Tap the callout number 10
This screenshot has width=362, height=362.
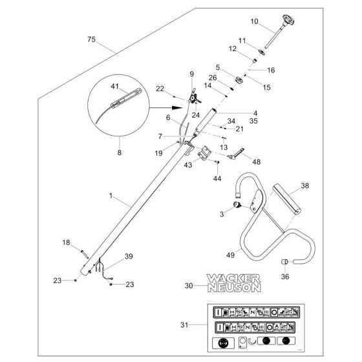254,21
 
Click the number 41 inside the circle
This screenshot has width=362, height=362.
116,86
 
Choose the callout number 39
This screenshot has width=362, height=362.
129,257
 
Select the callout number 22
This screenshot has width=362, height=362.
161,89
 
